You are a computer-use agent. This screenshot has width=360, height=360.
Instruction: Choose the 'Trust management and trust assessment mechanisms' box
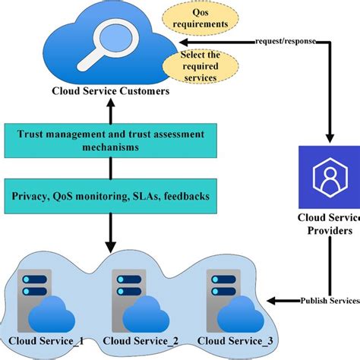coord(110,139)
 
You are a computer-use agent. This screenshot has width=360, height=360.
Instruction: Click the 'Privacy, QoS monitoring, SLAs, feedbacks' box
coord(111,196)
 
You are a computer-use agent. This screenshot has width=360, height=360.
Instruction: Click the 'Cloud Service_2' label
coord(140,340)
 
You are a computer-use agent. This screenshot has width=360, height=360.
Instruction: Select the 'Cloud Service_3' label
coord(233,340)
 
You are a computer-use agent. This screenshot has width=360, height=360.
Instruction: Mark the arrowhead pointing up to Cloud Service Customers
coord(111,109)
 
